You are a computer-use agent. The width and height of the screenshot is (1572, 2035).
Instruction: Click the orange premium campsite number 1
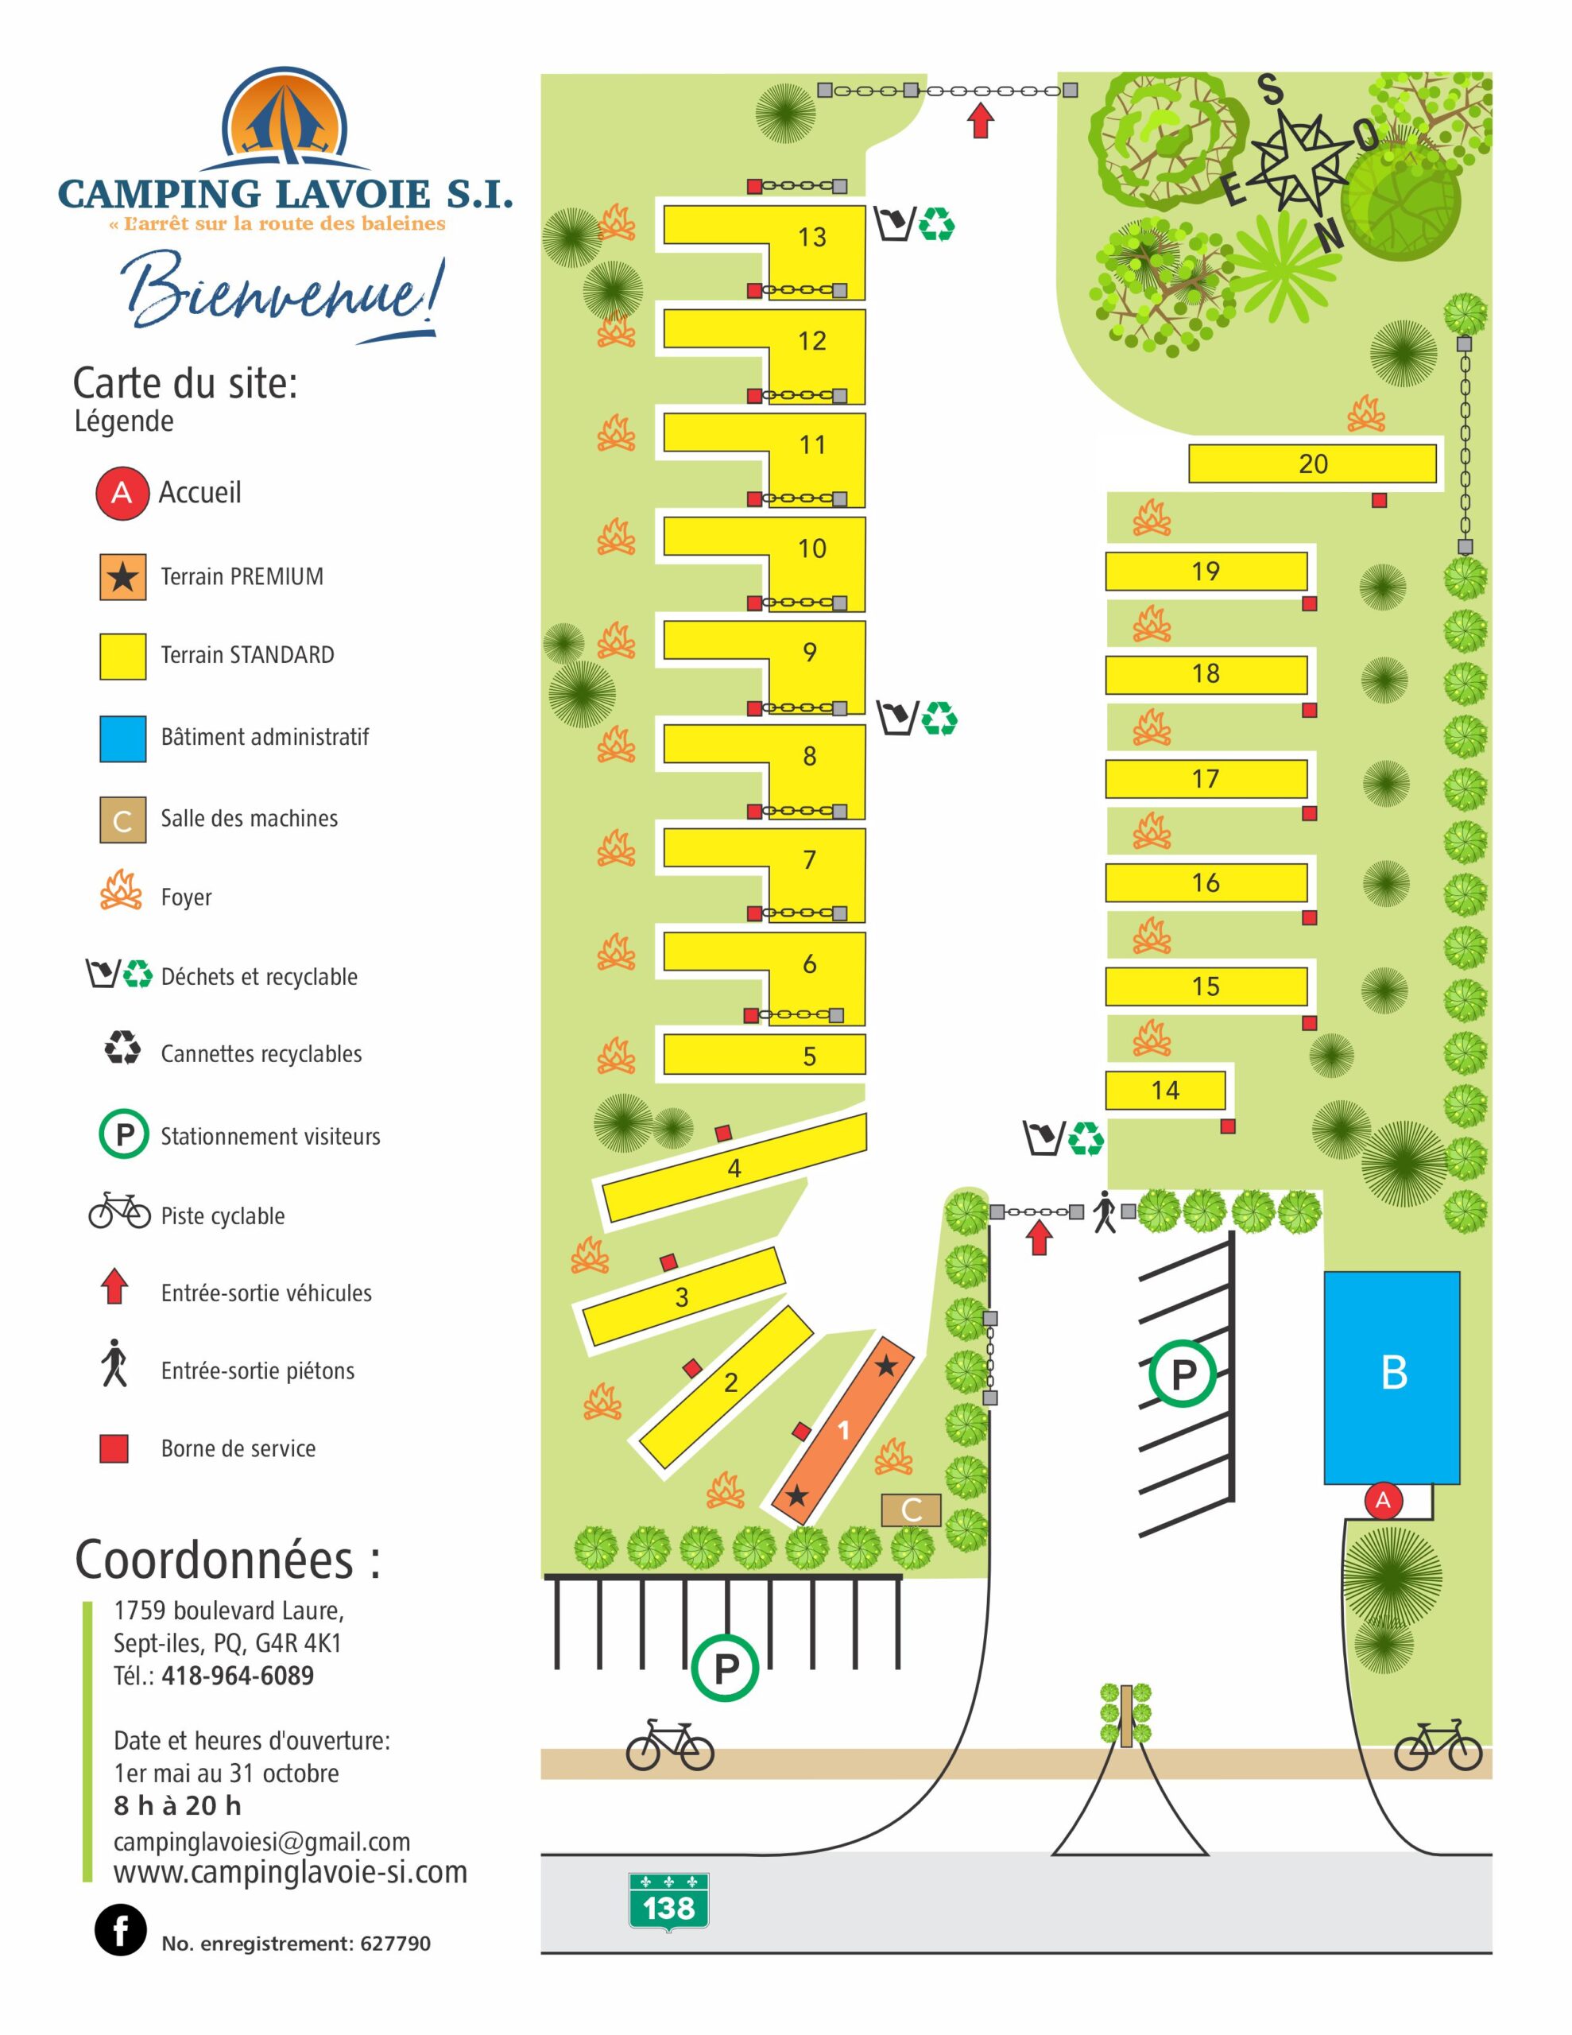[842, 1429]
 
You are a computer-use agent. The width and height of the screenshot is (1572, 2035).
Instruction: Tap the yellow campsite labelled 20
[1312, 464]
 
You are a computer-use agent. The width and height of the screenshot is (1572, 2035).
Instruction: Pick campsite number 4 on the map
[734, 1168]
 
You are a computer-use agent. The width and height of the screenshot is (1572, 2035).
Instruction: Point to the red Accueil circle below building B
[1383, 1499]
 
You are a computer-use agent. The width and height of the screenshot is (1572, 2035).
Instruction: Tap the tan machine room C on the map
[911, 1509]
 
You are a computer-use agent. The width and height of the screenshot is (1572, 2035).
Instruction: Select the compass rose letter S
[1270, 91]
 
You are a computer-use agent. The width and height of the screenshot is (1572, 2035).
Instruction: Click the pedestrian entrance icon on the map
[1104, 1211]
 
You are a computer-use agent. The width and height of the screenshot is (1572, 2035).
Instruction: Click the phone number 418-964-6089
[237, 1676]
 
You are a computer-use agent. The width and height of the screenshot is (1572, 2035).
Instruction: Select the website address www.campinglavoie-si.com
[290, 1872]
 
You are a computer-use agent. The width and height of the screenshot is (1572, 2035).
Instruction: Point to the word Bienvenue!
[280, 291]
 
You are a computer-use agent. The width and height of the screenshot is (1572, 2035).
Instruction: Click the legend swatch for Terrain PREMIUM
[123, 577]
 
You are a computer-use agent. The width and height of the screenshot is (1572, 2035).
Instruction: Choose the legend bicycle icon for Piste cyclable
[119, 1211]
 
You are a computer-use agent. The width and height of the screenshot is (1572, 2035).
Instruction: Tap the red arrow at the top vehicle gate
[979, 121]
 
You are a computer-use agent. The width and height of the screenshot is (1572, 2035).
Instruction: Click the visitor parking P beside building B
[1183, 1373]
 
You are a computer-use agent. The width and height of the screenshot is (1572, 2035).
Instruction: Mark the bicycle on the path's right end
[1437, 1744]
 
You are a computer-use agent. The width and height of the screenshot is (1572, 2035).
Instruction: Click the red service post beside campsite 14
[1227, 1126]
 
